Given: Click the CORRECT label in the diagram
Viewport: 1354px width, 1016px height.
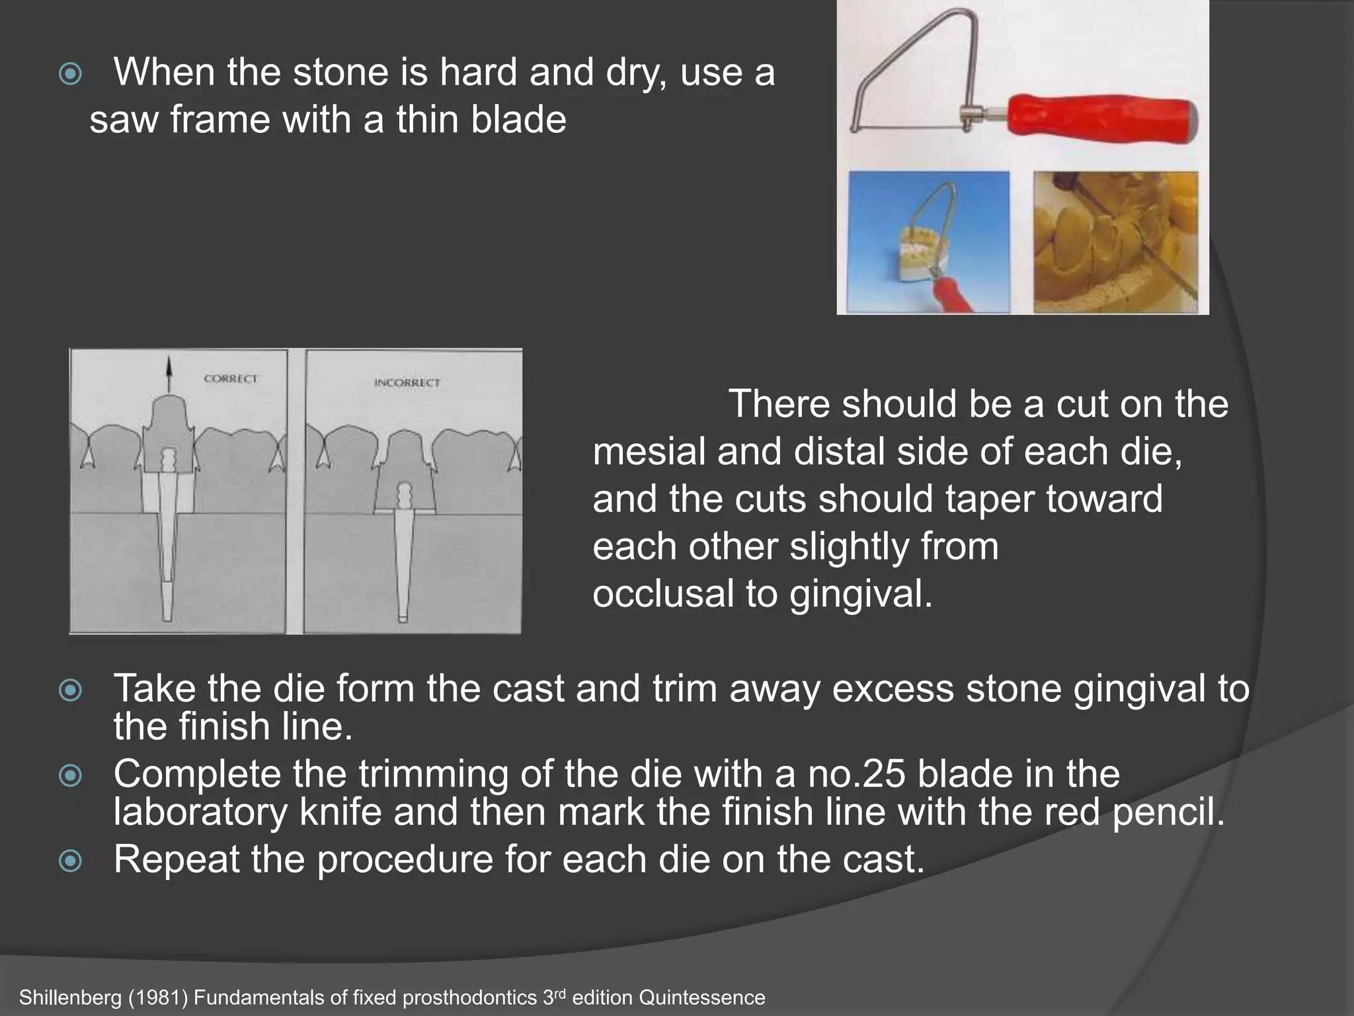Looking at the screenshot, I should [231, 378].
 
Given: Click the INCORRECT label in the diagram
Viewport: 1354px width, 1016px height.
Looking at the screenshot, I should [407, 382].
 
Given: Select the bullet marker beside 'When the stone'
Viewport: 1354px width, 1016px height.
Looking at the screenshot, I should [70, 74].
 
